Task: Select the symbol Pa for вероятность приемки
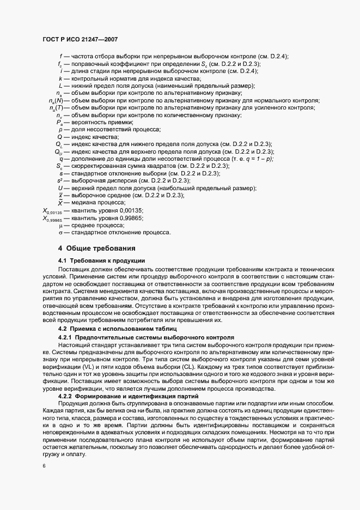click(x=59, y=123)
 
